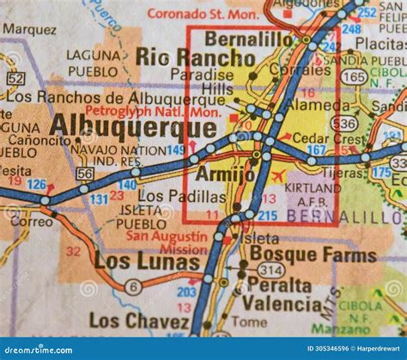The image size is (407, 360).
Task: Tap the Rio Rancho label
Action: (x=195, y=57)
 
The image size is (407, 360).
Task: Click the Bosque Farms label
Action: (x=313, y=255)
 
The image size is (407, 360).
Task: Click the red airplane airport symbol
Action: (x=277, y=176)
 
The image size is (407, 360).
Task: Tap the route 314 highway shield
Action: (x=271, y=270)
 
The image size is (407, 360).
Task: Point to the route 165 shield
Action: (x=352, y=76)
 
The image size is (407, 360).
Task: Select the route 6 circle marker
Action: (x=133, y=287)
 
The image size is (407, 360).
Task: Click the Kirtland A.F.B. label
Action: (x=313, y=193)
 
